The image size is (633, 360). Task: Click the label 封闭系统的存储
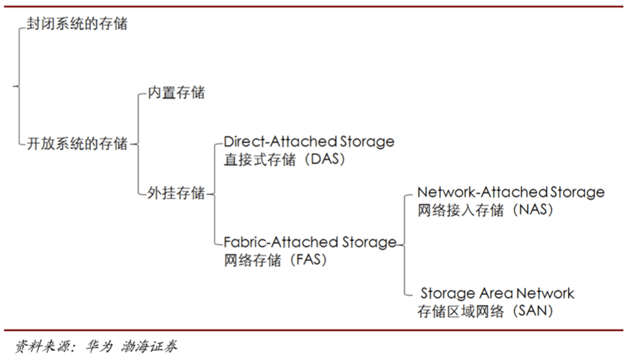pos(78,24)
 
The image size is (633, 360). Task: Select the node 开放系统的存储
pos(78,144)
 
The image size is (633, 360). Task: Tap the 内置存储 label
pos(176,92)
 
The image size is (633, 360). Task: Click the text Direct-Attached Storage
pos(308,142)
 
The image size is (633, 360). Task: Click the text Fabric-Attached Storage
pos(310,243)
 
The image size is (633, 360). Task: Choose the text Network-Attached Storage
pos(511,192)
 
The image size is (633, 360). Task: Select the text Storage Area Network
pos(497,294)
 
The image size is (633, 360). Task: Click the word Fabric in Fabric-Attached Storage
pos(244,243)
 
